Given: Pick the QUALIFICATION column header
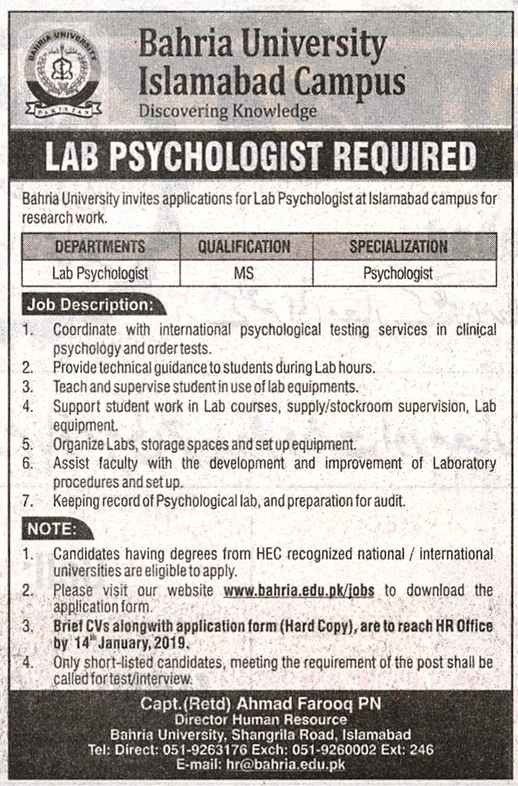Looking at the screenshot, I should click(x=244, y=246).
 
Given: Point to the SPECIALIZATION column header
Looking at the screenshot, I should click(x=398, y=246).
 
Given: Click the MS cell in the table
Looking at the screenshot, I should click(x=244, y=274).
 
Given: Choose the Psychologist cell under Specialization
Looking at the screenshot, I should click(x=398, y=274).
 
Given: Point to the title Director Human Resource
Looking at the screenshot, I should click(x=259, y=719).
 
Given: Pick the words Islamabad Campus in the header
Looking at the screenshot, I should click(x=272, y=80).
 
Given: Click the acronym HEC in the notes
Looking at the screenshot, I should click(x=252, y=554).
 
